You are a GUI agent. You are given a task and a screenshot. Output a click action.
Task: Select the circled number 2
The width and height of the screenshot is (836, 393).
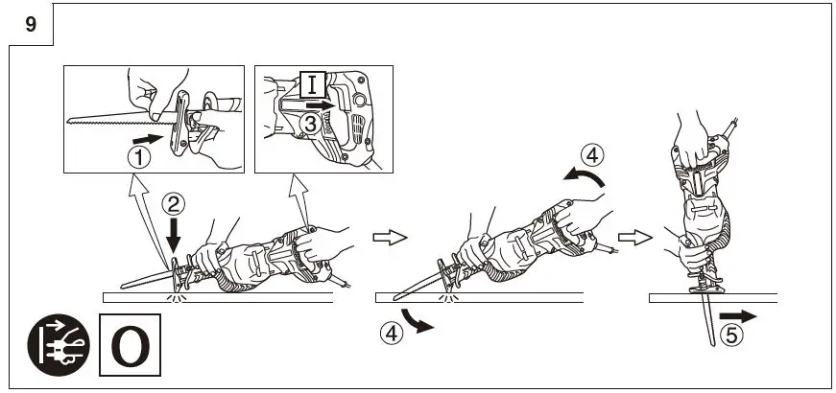click(173, 202)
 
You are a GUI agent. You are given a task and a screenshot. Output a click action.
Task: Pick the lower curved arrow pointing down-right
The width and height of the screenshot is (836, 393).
click(417, 320)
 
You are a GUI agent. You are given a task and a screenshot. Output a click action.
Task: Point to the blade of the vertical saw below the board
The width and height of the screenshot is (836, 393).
click(708, 321)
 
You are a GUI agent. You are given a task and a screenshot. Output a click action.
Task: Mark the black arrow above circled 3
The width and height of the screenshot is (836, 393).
click(327, 103)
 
